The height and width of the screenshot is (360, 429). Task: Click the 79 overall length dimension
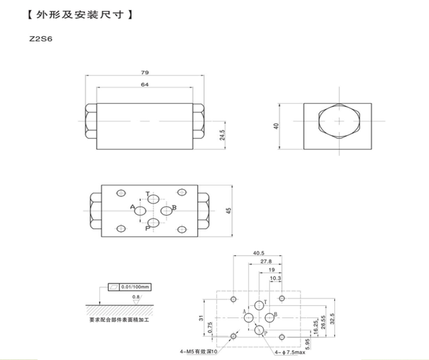pos(145,72)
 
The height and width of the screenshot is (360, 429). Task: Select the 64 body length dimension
pos(145,84)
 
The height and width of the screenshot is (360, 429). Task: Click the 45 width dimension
pos(228,211)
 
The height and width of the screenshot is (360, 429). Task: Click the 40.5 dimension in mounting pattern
pos(258,253)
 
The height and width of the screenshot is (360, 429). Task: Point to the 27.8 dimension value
pos(266,261)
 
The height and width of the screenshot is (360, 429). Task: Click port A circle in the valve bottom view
pos(140,212)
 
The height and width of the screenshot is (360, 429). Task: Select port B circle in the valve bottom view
pos(166,210)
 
